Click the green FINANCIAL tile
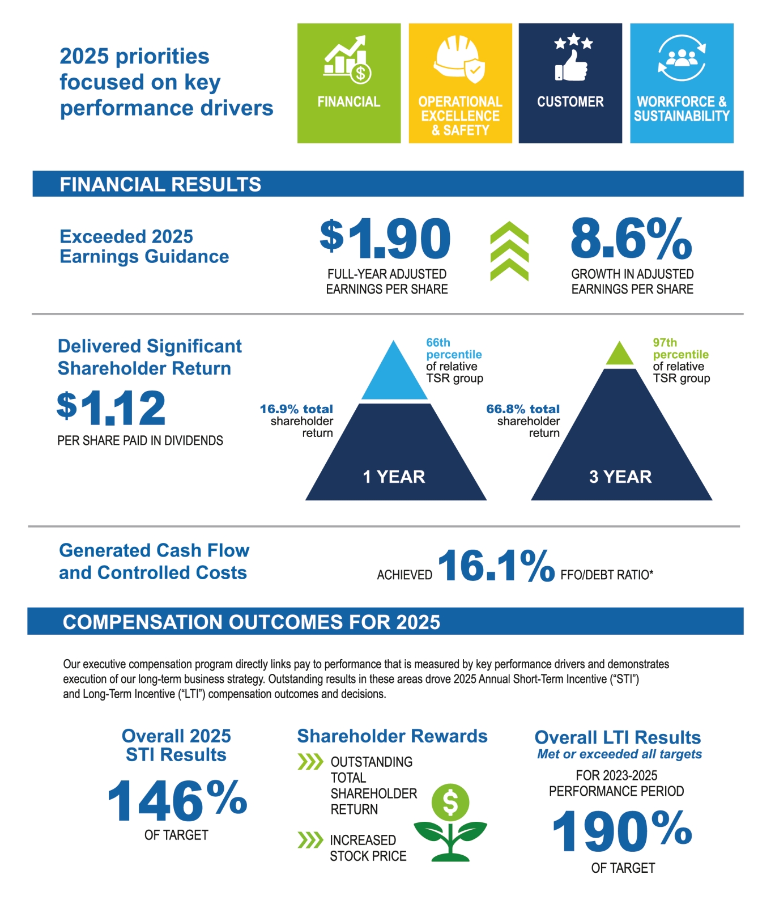pos(348,83)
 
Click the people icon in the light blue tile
pos(682,57)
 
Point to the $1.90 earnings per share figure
pos(386,239)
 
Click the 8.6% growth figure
pos(631,239)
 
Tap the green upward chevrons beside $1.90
pos(509,251)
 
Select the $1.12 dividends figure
pos(112,407)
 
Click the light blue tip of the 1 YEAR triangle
pos(394,374)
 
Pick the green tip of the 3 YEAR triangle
pos(620,355)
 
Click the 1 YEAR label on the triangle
pos(394,477)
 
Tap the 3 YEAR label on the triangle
pos(620,477)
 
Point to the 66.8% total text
pos(522,409)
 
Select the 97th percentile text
pos(680,349)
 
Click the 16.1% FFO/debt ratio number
pos(496,566)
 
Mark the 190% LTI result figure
pos(622,831)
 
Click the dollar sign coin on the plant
pos(450,802)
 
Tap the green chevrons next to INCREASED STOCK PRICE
pos(310,839)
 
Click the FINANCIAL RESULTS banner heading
pos(160,184)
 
